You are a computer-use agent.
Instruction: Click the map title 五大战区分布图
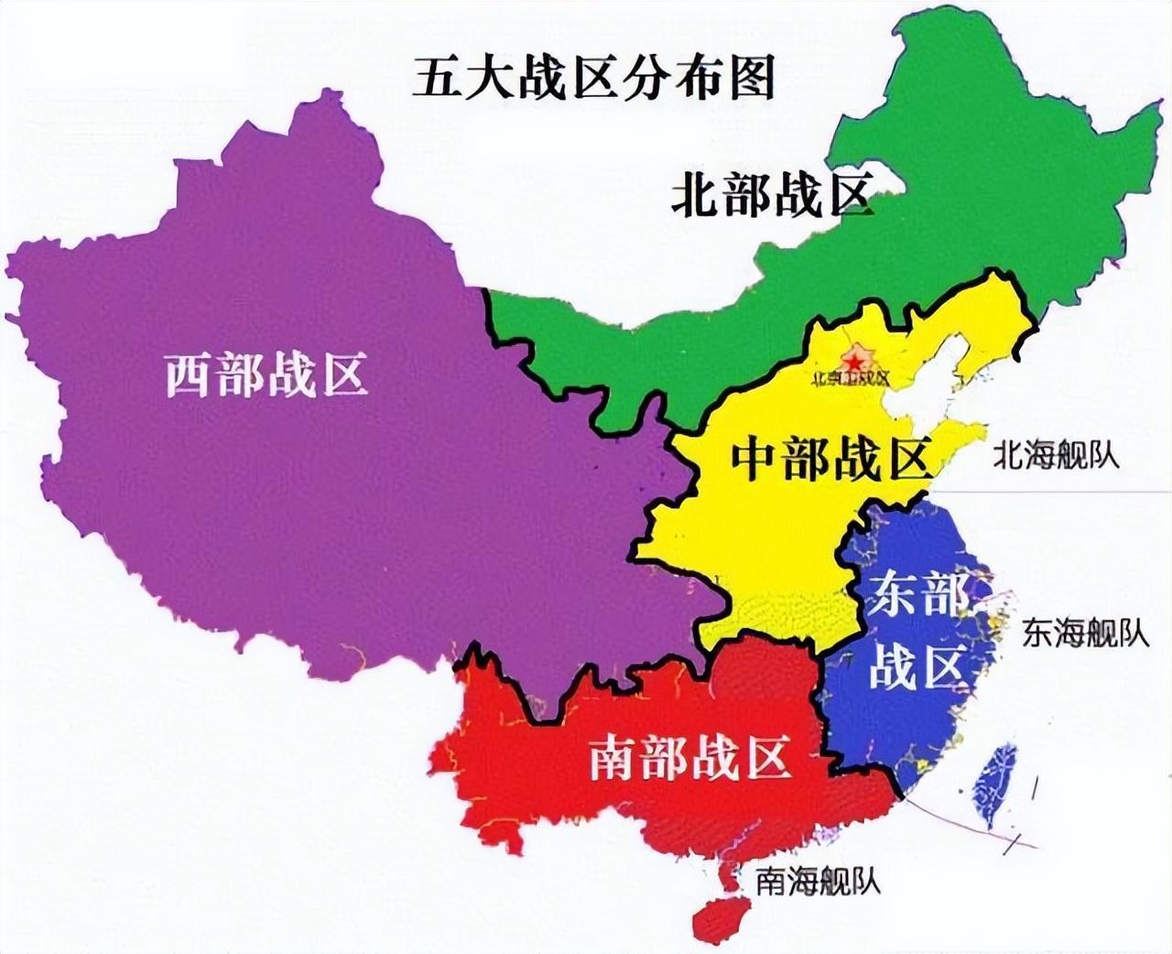tap(593, 77)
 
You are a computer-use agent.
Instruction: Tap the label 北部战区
tap(771, 194)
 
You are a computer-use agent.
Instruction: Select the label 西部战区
tap(266, 374)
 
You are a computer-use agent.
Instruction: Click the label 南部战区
tap(689, 757)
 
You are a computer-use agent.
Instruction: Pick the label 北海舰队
tap(1057, 455)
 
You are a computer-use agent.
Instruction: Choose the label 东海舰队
tap(1086, 633)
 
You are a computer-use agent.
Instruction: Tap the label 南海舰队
tap(818, 881)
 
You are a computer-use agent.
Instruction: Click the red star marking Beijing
tap(855, 363)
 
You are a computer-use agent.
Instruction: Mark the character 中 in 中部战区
tap(755, 459)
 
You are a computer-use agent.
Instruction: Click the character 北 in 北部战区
tap(695, 195)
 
